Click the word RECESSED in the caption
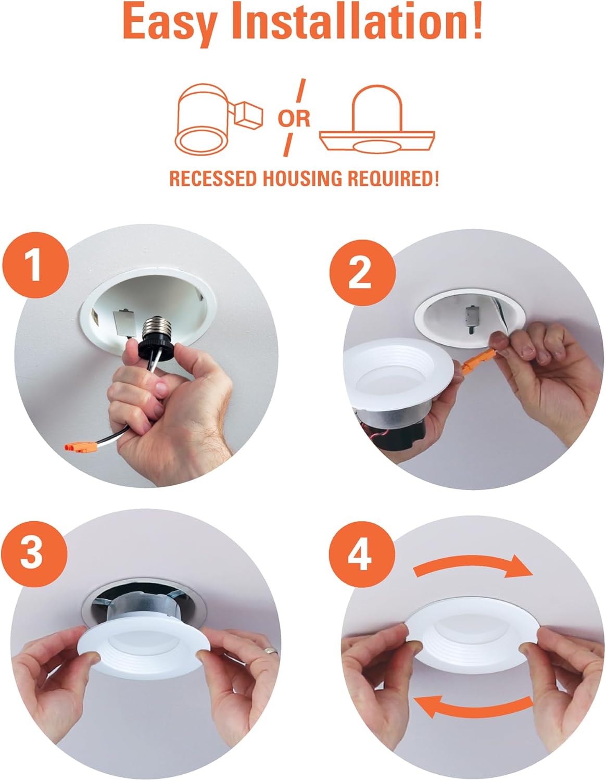pyautogui.click(x=213, y=179)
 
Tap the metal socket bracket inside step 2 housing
pyautogui.click(x=472, y=319)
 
